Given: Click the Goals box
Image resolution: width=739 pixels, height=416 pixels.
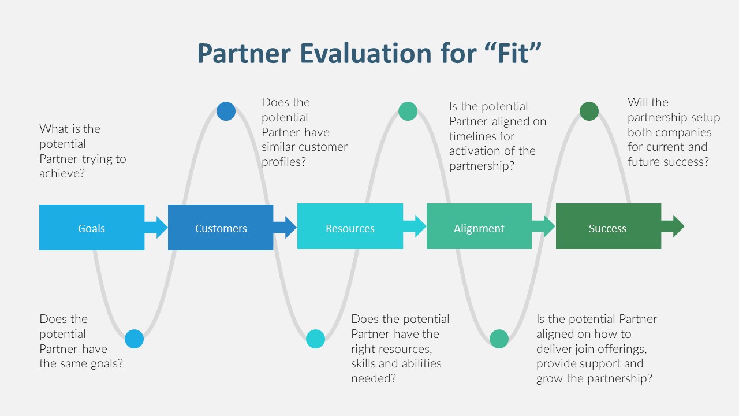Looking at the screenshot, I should (92, 228).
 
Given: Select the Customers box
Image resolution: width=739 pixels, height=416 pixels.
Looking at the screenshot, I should (221, 228).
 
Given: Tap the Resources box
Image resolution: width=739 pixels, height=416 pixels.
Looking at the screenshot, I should (350, 228).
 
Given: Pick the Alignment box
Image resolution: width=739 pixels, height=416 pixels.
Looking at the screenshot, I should (479, 228).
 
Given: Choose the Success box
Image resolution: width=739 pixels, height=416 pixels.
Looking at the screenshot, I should (607, 228).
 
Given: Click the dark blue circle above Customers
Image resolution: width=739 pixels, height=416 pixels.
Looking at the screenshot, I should (226, 111).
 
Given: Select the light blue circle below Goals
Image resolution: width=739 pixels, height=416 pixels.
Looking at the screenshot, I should (134, 339).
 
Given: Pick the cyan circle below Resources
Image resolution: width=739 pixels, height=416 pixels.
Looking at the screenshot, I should (315, 339).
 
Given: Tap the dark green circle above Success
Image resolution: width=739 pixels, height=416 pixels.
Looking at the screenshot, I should (589, 111).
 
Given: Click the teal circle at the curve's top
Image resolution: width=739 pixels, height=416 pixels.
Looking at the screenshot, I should (408, 111).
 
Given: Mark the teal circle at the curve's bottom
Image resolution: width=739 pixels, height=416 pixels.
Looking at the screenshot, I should (499, 339).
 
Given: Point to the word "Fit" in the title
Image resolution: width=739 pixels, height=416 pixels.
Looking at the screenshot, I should (509, 53).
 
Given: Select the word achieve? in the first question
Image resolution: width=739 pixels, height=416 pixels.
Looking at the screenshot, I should (62, 173).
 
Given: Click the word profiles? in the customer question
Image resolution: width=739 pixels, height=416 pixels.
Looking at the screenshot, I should (283, 162).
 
